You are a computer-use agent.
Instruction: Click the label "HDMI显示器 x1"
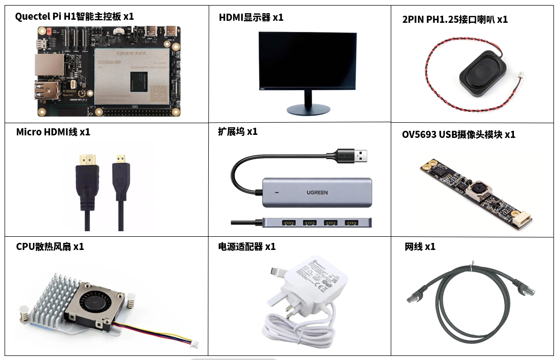pyautogui.click(x=251, y=17)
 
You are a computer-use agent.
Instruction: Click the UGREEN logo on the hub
pyautogui.click(x=317, y=193)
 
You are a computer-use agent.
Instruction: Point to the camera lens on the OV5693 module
pyautogui.click(x=478, y=189)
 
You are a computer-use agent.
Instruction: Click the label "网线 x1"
pyautogui.click(x=420, y=246)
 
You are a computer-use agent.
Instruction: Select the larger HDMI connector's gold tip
pyautogui.click(x=88, y=159)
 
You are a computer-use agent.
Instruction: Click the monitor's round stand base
pyautogui.click(x=308, y=110)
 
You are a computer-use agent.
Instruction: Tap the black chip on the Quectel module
pyautogui.click(x=139, y=82)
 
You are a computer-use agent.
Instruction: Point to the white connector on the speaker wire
pyautogui.click(x=520, y=76)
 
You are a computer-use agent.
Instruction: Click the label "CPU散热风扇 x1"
pyautogui.click(x=50, y=246)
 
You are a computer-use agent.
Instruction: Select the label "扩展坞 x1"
pyautogui.click(x=238, y=131)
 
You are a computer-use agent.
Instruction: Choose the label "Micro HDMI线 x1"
pyautogui.click(x=53, y=132)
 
